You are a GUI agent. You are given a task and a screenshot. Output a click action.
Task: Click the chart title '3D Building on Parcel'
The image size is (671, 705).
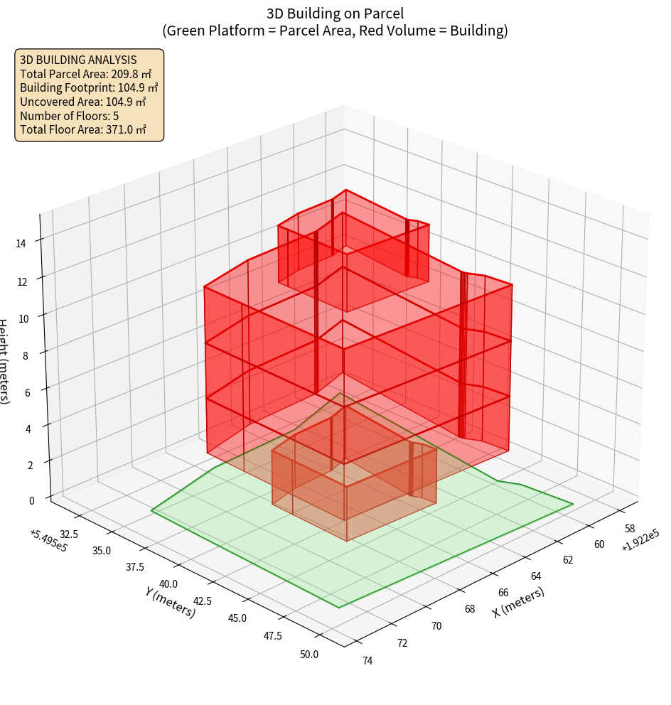click(335, 13)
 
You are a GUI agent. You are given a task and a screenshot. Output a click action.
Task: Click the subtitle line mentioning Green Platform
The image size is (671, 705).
click(335, 31)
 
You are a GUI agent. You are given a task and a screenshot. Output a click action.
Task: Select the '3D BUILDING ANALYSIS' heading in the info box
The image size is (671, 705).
click(78, 60)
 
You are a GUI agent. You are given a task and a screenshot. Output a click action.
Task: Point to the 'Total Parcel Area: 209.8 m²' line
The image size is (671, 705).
click(86, 74)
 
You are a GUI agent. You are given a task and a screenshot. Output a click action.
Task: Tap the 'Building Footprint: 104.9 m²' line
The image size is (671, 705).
click(89, 88)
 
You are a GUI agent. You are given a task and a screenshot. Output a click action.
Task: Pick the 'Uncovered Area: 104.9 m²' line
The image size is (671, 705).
click(84, 102)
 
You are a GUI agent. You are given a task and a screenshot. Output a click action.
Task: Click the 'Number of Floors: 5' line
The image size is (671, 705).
click(69, 116)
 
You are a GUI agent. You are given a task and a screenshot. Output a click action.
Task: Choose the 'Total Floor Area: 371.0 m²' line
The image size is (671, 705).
click(83, 129)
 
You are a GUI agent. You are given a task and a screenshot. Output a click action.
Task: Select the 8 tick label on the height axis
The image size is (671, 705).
click(25, 355)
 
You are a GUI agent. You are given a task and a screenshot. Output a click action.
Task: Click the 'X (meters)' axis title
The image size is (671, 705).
click(518, 601)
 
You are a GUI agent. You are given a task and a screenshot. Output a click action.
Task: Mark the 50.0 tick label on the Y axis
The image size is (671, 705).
click(310, 654)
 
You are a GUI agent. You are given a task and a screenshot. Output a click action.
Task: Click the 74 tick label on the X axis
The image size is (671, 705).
click(367, 661)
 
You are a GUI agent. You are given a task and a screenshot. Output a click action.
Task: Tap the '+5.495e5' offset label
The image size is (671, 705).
click(48, 540)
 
